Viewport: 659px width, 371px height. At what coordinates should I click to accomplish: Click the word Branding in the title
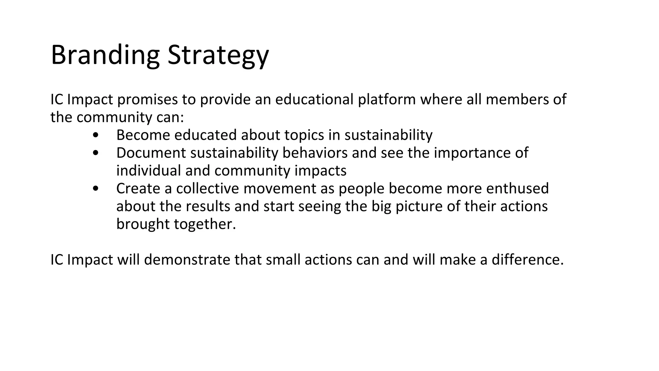(105, 55)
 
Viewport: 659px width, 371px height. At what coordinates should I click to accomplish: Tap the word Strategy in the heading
(218, 55)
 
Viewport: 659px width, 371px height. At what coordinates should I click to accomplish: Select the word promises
(147, 100)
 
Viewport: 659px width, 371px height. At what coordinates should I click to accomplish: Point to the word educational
(314, 99)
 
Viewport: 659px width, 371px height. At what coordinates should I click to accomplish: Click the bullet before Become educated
(95, 135)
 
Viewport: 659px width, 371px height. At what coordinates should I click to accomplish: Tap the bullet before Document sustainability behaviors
(95, 153)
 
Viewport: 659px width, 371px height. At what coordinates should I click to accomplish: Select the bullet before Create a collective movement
(95, 189)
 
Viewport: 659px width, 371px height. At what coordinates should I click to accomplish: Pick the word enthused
(517, 188)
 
